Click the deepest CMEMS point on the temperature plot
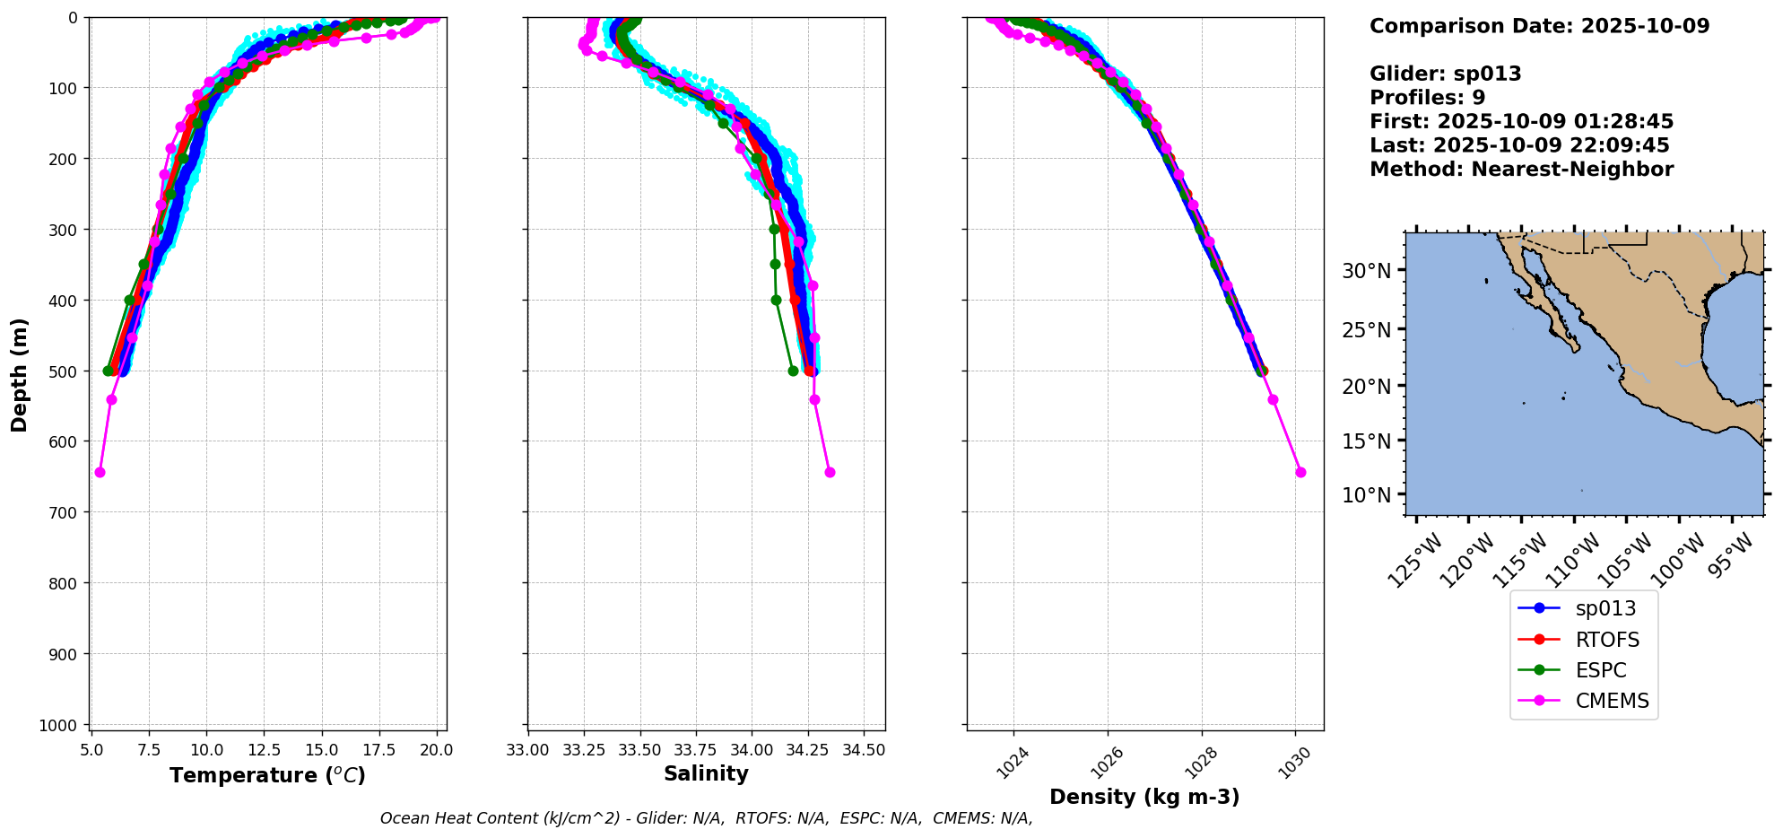click(x=100, y=472)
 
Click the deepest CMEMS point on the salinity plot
click(x=830, y=472)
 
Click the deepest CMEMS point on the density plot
click(x=1300, y=472)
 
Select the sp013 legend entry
click(x=1604, y=608)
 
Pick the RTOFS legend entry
click(x=1606, y=640)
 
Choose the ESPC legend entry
click(x=1600, y=670)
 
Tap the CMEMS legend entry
click(x=1612, y=701)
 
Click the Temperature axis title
click(x=267, y=775)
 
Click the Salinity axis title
click(x=706, y=773)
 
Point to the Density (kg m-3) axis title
click(x=1144, y=797)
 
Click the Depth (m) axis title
click(x=20, y=374)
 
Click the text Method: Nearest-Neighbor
click(x=1521, y=170)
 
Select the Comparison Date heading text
click(x=1539, y=26)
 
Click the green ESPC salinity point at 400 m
click(x=776, y=300)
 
